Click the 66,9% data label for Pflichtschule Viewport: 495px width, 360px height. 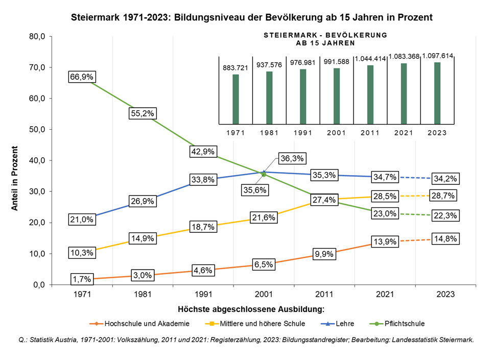click(x=83, y=77)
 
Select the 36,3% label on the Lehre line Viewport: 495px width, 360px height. click(x=291, y=159)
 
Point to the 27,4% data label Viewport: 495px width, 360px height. click(x=323, y=200)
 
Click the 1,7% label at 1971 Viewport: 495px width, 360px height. click(x=82, y=279)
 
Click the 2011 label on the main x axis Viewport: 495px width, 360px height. click(x=325, y=295)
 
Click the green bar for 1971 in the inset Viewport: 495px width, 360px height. click(x=235, y=99)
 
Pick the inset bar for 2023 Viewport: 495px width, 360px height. click(x=437, y=93)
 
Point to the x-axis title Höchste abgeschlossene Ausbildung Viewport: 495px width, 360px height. click(x=251, y=309)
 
